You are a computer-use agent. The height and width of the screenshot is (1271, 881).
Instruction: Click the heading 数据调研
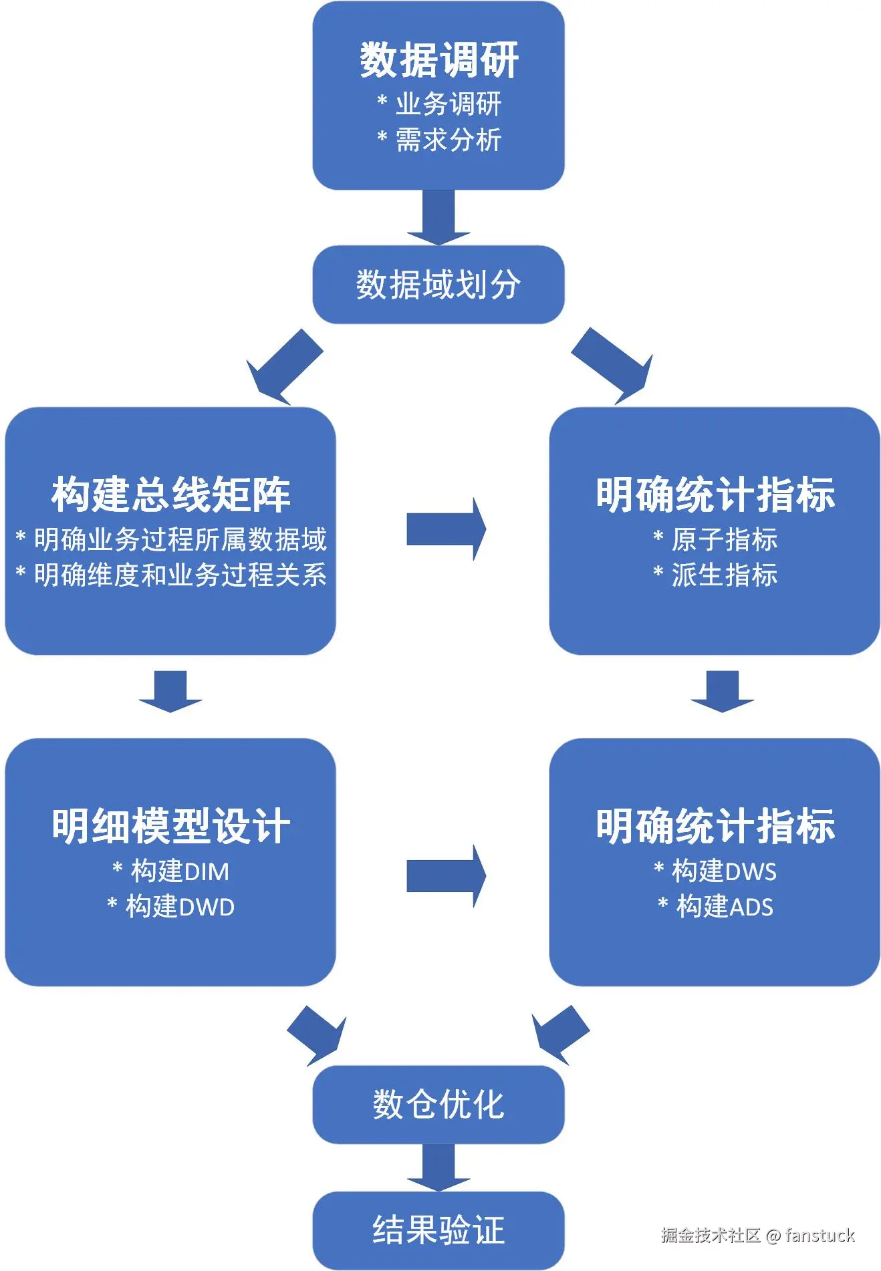(x=438, y=60)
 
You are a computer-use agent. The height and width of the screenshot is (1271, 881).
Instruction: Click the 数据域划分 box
(x=438, y=285)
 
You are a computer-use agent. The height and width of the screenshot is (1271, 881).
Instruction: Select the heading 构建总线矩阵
(x=170, y=495)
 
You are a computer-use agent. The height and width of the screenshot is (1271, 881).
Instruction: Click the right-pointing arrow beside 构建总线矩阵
(x=445, y=529)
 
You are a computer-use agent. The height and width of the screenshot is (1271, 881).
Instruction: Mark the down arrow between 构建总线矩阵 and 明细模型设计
(x=170, y=690)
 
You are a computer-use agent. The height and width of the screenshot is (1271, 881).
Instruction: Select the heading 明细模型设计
(x=170, y=826)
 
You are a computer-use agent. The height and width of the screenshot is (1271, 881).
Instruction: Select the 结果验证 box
(x=438, y=1230)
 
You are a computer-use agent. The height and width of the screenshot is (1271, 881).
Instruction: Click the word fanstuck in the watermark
(x=820, y=1235)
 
